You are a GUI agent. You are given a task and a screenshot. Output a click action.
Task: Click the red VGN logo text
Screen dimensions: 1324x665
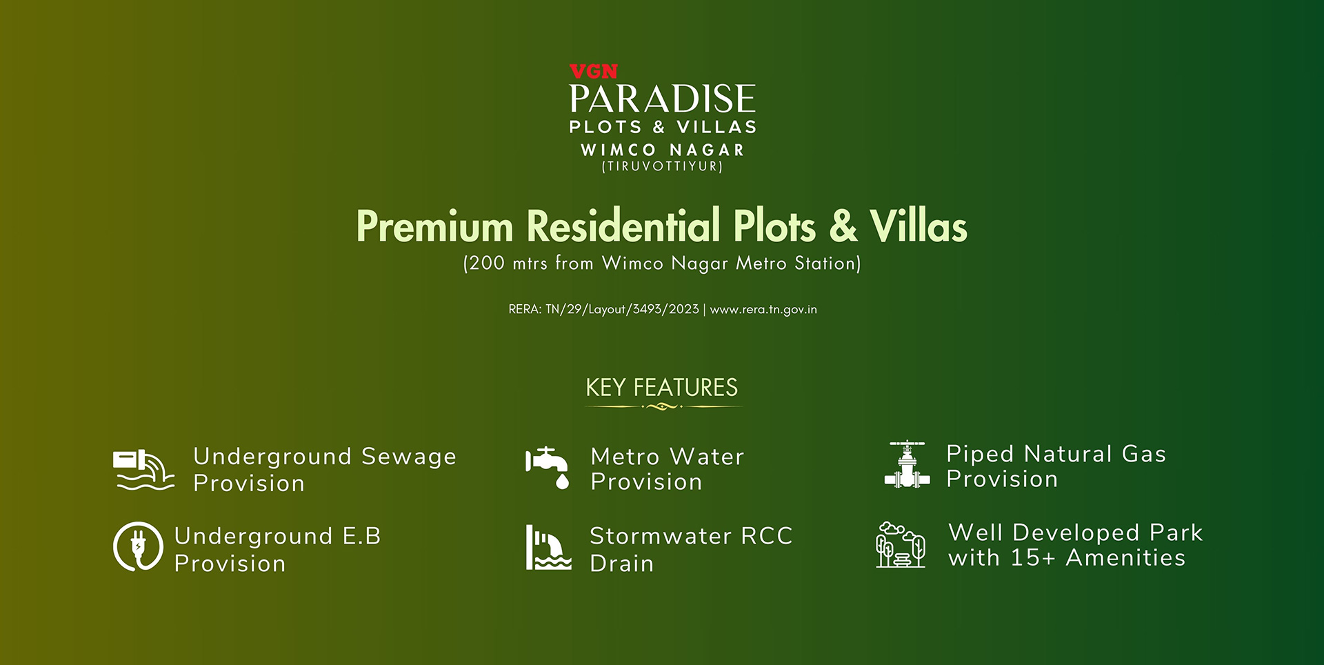pos(593,71)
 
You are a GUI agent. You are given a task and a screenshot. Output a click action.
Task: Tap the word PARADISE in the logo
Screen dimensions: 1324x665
pos(662,99)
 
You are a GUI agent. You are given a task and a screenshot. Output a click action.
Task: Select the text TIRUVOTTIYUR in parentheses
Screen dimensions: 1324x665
pos(662,166)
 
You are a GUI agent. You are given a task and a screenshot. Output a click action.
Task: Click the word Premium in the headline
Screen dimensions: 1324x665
pos(435,226)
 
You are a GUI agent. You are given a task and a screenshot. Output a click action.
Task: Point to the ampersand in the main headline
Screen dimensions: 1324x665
pos(843,226)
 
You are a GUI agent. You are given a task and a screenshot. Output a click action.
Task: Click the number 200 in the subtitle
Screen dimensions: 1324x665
pos(487,263)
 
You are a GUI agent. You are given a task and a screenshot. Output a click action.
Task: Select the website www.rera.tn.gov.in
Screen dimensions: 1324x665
pos(763,309)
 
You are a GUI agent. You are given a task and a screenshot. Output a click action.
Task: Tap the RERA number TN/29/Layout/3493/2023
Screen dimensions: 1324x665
pos(622,309)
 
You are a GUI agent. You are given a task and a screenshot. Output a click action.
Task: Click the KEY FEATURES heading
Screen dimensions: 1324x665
pos(662,388)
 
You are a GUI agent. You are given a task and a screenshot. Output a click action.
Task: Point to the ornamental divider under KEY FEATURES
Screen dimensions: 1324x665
pos(662,406)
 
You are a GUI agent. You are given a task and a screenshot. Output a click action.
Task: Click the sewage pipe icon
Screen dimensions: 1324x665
pos(143,470)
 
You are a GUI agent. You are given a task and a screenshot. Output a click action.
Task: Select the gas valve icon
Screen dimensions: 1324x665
pos(907,465)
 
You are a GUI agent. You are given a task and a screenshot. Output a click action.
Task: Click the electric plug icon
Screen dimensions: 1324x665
pos(138,546)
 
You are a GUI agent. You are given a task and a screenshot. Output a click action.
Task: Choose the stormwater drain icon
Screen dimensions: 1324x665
pos(548,547)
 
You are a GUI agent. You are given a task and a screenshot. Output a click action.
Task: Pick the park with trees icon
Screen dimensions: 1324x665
pos(901,545)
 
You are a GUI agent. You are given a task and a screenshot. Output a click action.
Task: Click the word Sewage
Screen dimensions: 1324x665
pos(409,457)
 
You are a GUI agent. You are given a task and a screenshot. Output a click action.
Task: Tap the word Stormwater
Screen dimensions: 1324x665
pos(661,536)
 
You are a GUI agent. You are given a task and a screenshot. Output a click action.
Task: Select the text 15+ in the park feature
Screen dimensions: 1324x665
pos(1032,557)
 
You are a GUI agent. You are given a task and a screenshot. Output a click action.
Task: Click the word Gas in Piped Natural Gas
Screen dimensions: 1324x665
pos(1143,454)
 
